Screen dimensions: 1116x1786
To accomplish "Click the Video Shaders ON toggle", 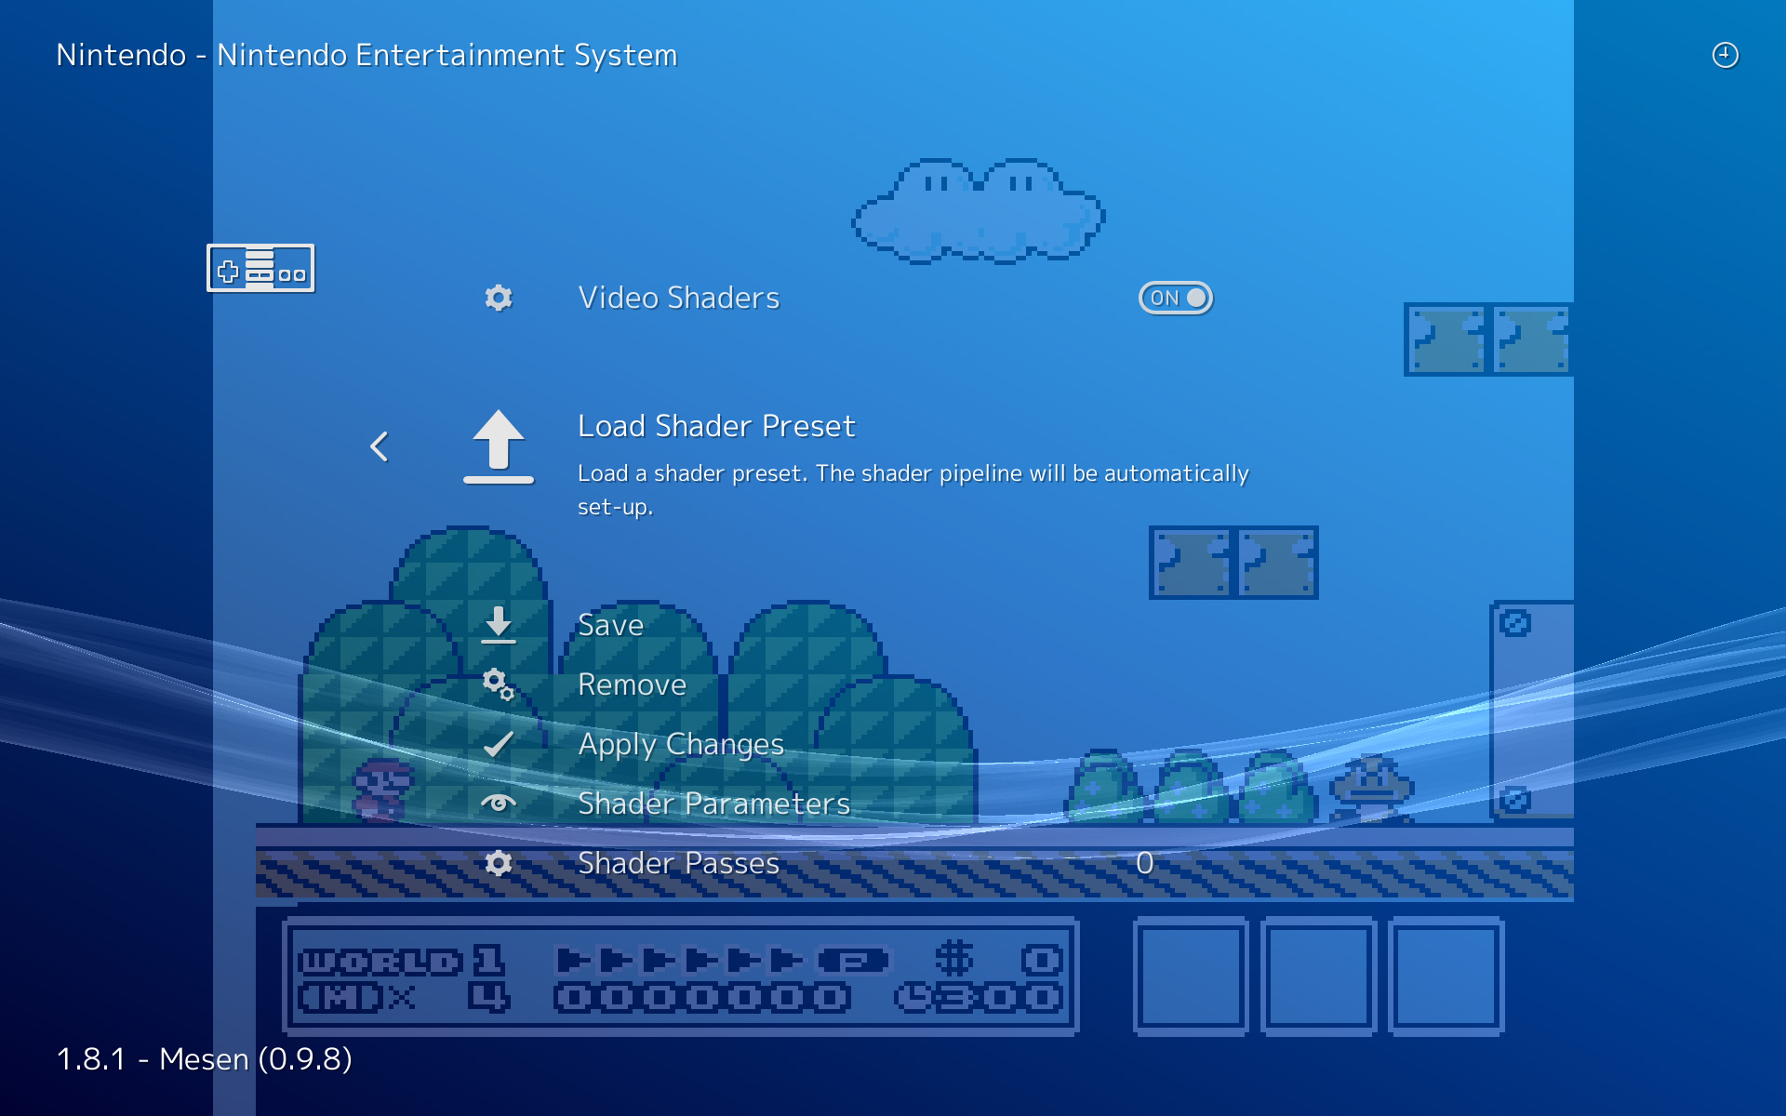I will click(x=1176, y=298).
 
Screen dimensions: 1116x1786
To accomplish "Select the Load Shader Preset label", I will click(x=716, y=426).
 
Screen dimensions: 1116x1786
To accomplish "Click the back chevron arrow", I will click(x=380, y=446).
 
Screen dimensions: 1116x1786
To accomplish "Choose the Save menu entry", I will click(x=610, y=625).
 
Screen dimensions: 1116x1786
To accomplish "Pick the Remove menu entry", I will click(x=632, y=684).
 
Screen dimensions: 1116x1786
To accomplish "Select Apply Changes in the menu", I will click(x=681, y=744).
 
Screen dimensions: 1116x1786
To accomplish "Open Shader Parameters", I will click(x=713, y=804).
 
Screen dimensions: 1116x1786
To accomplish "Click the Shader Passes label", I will click(x=678, y=863).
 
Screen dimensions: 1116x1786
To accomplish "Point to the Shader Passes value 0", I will click(x=1144, y=863).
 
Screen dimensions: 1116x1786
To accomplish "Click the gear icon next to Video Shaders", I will click(x=499, y=298).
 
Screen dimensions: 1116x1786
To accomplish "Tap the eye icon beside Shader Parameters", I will click(x=499, y=803).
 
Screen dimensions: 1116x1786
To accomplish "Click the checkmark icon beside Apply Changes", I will click(x=499, y=744).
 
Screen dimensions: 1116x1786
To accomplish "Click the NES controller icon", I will click(x=260, y=269).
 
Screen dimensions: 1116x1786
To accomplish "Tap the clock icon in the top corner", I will click(x=1726, y=55).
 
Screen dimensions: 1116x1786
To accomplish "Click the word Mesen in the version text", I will click(x=204, y=1059).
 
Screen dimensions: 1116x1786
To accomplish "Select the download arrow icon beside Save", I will click(x=499, y=624).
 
